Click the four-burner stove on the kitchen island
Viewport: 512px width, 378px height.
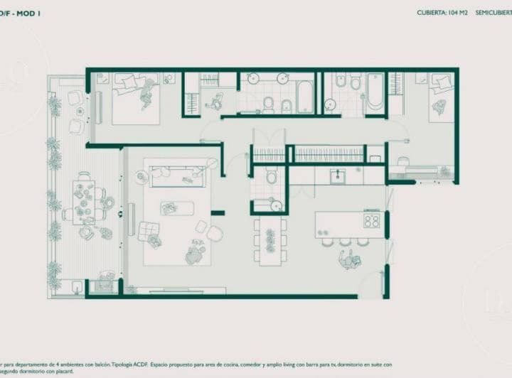[x=371, y=220]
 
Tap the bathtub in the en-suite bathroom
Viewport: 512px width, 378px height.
[x=304, y=97]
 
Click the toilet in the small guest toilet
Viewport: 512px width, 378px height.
[x=270, y=175]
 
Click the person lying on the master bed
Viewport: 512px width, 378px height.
[x=148, y=92]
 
